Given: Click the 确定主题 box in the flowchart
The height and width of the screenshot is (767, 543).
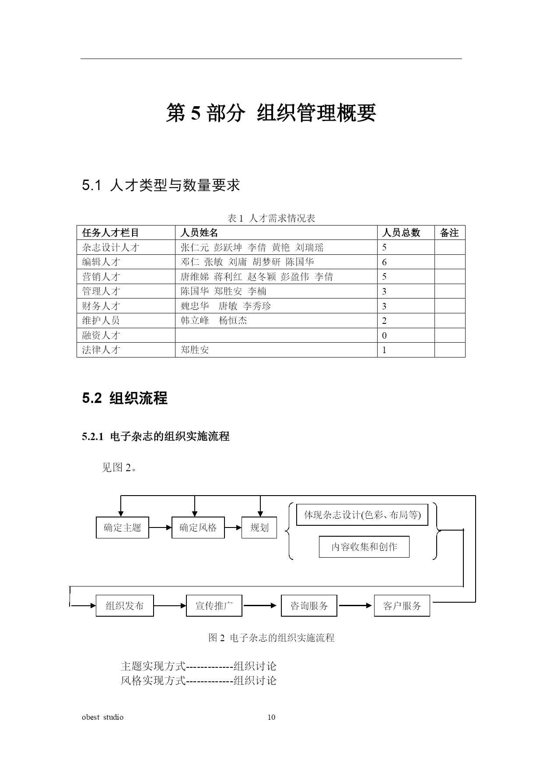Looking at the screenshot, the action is tap(122, 528).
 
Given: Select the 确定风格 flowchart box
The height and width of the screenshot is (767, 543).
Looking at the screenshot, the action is tap(198, 528).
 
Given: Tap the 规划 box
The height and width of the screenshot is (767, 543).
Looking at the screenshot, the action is tap(259, 528).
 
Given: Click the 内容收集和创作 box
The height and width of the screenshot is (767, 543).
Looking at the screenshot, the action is tap(364, 547).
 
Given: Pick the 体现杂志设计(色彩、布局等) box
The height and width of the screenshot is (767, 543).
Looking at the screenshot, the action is tap(362, 515).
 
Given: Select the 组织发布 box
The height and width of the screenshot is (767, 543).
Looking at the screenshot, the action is tap(125, 606).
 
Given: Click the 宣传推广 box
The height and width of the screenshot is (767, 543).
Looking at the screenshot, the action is tap(214, 606).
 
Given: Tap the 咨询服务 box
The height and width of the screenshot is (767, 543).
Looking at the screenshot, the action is tap(309, 606).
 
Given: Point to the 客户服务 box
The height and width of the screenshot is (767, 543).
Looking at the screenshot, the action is tap(402, 606).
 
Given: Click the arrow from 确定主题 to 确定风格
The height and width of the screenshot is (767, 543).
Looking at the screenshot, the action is tap(160, 528).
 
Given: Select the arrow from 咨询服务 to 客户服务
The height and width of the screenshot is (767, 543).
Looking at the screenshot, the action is tap(355, 606).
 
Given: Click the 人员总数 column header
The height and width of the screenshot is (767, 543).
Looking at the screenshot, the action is tap(401, 233).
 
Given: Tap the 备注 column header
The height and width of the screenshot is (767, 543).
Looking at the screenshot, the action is tap(449, 233).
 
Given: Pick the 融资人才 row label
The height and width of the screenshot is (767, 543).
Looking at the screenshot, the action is tap(101, 335).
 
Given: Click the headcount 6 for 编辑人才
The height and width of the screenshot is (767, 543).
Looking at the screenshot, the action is tap(384, 262).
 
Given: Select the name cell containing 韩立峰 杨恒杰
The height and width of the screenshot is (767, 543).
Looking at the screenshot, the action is tap(214, 320).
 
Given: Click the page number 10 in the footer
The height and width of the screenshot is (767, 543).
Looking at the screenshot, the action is tap(271, 717).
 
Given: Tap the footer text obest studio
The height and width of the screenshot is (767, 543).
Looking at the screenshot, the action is tap(103, 717).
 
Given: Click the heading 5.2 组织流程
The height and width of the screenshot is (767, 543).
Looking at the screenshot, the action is tap(125, 398).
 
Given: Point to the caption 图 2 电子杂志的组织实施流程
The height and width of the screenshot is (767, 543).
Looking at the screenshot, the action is tap(271, 638).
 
